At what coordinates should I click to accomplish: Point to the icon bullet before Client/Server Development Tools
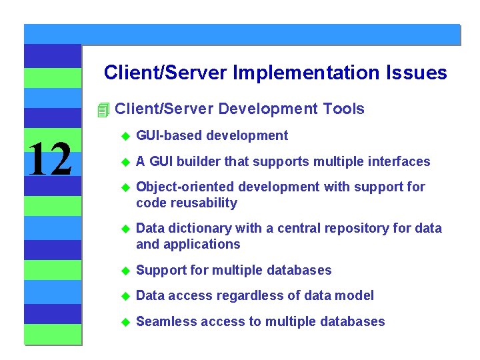(x=102, y=109)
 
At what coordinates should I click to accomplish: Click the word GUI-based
(x=169, y=136)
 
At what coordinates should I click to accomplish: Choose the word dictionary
(x=198, y=228)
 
